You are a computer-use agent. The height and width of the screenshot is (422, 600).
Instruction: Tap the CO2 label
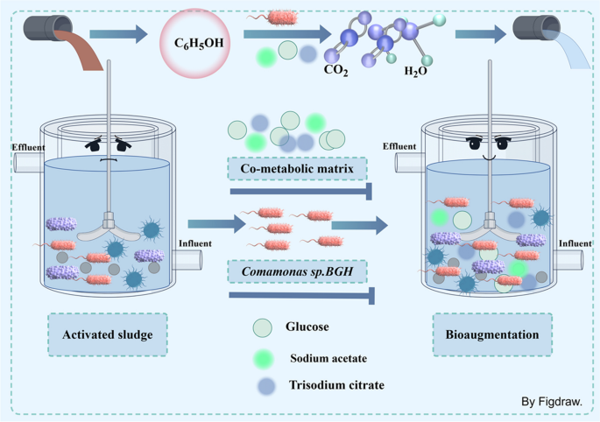coord(336,71)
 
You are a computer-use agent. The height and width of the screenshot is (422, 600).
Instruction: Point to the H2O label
coord(415,71)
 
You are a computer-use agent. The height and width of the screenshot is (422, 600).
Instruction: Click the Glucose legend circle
coord(262,327)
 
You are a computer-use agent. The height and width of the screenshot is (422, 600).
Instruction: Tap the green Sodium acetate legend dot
coord(263,357)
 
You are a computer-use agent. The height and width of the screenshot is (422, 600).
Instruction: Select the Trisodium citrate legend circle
coord(263,386)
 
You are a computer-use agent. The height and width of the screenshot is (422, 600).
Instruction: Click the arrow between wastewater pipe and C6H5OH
coord(118,35)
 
